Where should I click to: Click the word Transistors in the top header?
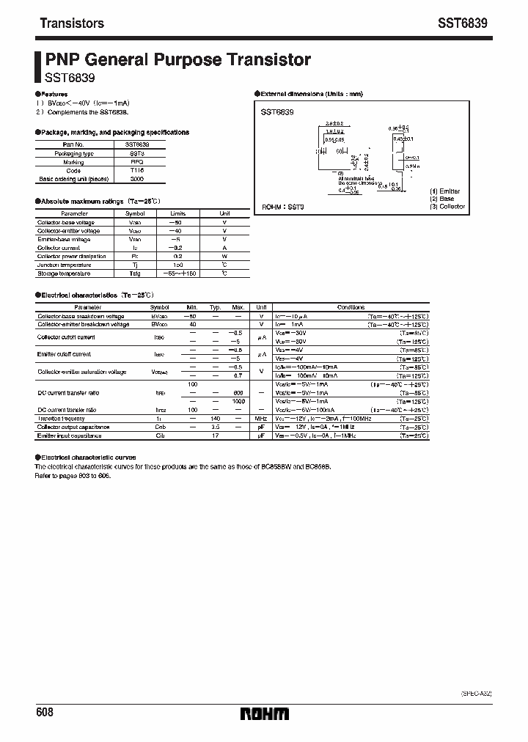71,23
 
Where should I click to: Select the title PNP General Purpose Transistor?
178,60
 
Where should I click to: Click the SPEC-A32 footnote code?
475,691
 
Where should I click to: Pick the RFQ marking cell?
137,162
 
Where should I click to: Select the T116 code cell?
137,170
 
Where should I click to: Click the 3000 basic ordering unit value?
137,178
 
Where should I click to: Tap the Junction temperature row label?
63,265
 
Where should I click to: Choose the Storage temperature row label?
64,273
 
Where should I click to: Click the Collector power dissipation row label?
71,257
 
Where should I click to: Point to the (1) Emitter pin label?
445,191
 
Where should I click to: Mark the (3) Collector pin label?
447,207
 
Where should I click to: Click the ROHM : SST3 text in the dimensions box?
283,207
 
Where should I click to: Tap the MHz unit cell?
260,418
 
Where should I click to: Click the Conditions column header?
351,306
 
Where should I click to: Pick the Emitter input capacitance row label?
72,436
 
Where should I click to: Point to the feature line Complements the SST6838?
83,111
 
